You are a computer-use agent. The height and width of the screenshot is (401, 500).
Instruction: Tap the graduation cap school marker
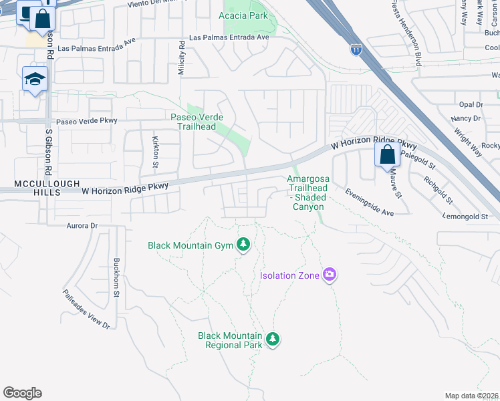35,80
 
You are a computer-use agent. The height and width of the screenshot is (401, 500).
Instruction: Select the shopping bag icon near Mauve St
387,155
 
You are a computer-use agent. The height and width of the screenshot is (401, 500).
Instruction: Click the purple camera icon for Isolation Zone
329,275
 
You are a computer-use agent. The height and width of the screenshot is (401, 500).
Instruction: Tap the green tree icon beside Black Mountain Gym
244,245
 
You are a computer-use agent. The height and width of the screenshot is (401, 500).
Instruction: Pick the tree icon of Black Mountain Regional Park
272,340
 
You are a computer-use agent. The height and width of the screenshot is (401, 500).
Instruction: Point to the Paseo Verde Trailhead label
197,122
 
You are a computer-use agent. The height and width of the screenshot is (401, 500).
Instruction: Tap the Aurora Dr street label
82,226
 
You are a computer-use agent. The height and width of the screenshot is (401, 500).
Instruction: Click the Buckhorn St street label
116,273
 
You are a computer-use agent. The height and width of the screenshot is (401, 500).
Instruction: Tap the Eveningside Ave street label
369,202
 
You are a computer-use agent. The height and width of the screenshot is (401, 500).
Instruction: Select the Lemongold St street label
466,217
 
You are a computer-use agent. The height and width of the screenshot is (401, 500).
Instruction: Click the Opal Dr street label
471,104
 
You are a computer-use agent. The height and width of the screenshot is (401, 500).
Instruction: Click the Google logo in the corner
22,392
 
